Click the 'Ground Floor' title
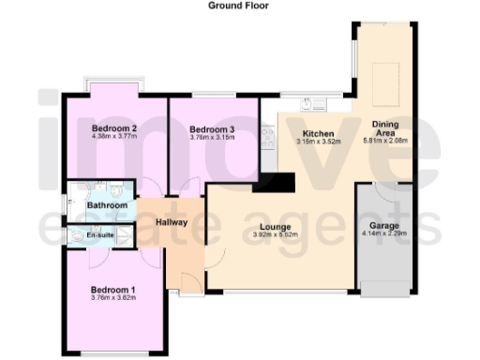pyautogui.click(x=239, y=5)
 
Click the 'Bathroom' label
pyautogui.click(x=107, y=204)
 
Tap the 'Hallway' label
pyautogui.click(x=172, y=222)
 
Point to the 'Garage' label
pyautogui.click(x=385, y=226)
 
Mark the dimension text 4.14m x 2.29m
pyautogui.click(x=385, y=235)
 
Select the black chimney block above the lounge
pyautogui.click(x=273, y=181)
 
